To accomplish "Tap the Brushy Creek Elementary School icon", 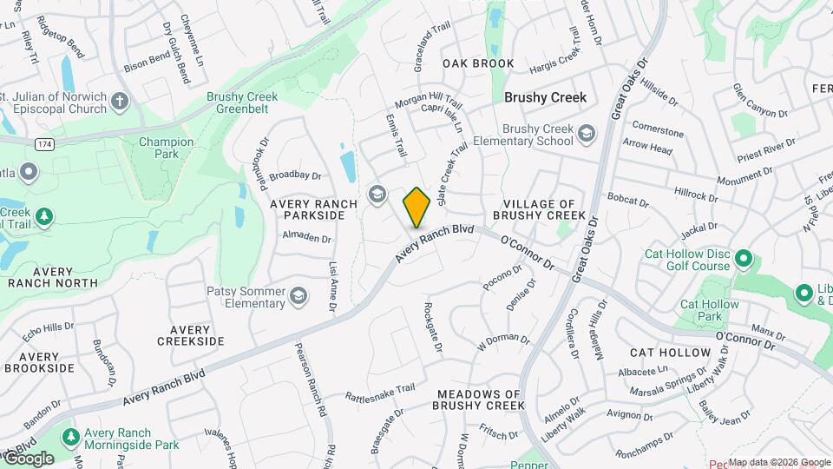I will coord(587,134).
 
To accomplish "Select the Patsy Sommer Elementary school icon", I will coord(298,297).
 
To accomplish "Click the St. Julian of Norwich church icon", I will coord(120,102).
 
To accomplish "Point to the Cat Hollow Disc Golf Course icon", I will coord(743,259).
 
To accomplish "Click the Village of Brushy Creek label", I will coord(539,208).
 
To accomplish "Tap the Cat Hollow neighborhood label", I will coord(670,353).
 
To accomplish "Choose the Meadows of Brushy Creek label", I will coord(480,400).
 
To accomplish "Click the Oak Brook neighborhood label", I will coord(478,63).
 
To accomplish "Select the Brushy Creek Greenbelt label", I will coord(242,103).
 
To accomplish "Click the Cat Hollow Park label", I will coord(701,311).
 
